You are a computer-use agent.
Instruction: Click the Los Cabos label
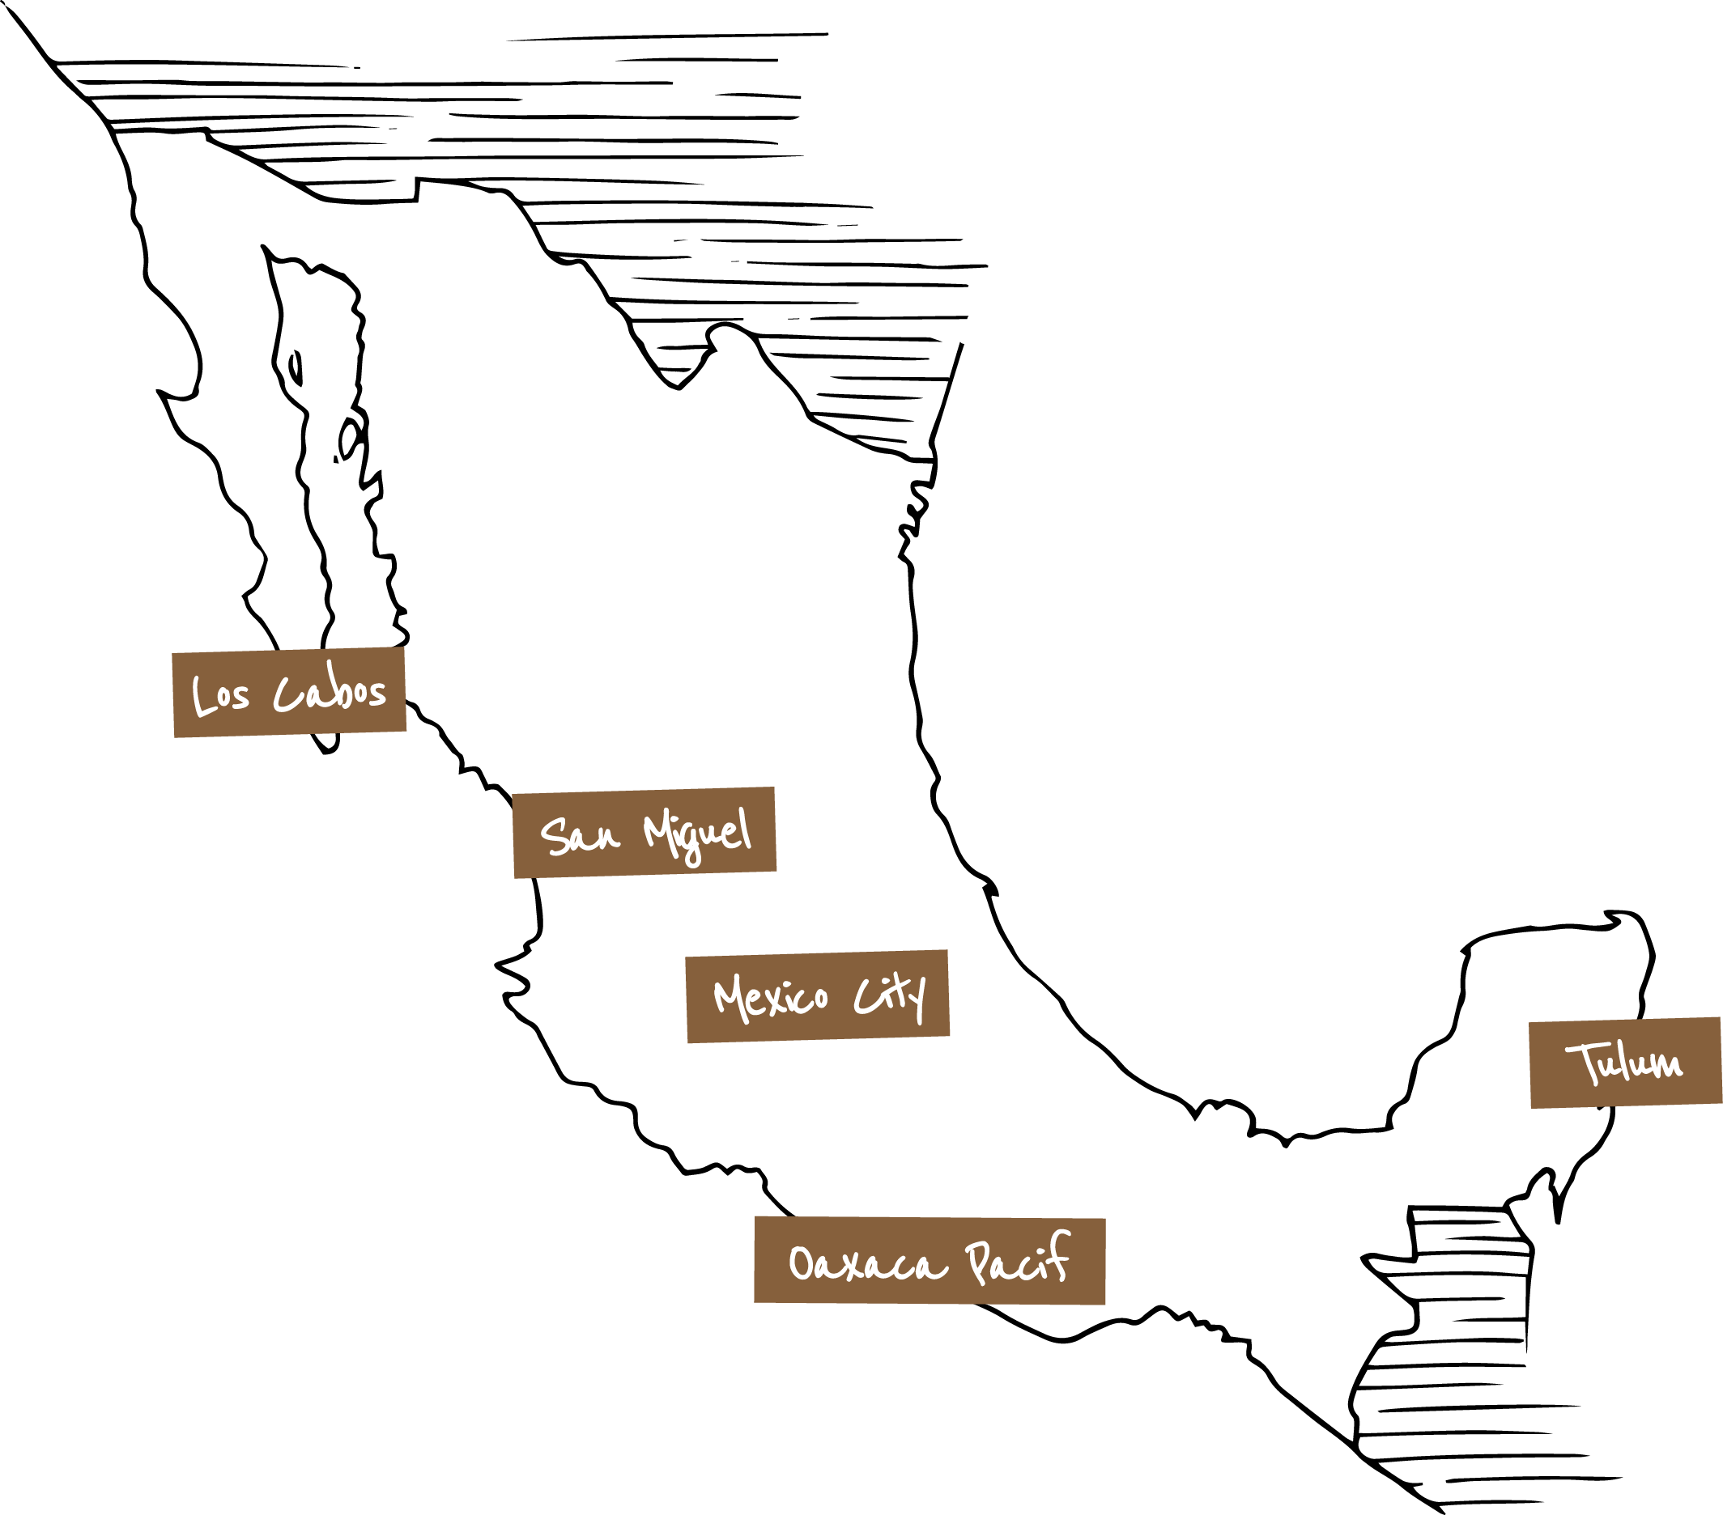click(289, 693)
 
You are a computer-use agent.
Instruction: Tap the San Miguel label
click(644, 833)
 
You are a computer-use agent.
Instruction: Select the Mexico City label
click(818, 997)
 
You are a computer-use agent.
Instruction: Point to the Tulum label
click(1625, 1063)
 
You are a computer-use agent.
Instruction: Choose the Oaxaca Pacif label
click(929, 1261)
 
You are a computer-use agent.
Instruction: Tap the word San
click(580, 835)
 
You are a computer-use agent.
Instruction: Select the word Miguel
click(697, 833)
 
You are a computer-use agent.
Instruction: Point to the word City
click(889, 995)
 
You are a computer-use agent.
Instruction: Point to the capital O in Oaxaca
click(800, 1264)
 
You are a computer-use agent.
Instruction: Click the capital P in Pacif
click(978, 1262)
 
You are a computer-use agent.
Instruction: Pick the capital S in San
click(554, 836)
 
